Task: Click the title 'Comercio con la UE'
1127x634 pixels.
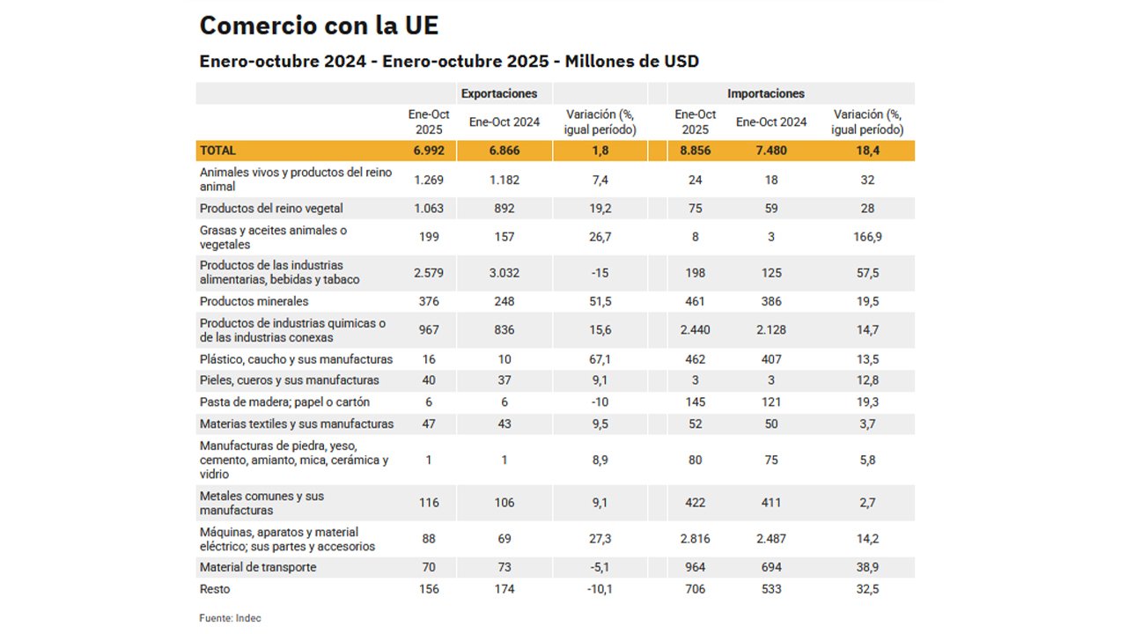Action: pos(319,25)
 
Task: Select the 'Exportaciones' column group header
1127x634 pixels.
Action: pos(499,93)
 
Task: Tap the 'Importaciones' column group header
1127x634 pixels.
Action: pos(765,93)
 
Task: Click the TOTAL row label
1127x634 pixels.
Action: pos(218,151)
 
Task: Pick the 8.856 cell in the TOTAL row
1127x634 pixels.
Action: pos(695,151)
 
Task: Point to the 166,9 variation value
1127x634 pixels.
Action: pos(867,238)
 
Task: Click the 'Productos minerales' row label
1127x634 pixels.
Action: pos(254,301)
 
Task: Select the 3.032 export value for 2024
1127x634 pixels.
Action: pos(505,273)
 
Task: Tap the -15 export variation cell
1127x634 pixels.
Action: pos(600,273)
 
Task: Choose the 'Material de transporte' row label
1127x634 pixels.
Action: pos(258,567)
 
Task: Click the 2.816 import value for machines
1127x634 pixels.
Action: pos(695,539)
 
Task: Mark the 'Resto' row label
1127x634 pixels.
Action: pos(215,589)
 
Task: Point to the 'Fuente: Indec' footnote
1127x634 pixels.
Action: pos(230,618)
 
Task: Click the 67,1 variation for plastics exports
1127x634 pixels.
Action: pos(600,359)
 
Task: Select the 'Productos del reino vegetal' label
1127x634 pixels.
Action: pos(271,209)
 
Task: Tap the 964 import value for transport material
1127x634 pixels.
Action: pos(695,567)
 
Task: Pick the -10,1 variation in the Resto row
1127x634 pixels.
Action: pos(600,589)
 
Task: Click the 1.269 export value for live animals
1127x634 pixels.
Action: pos(429,180)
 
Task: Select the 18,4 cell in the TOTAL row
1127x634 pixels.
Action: pos(867,151)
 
